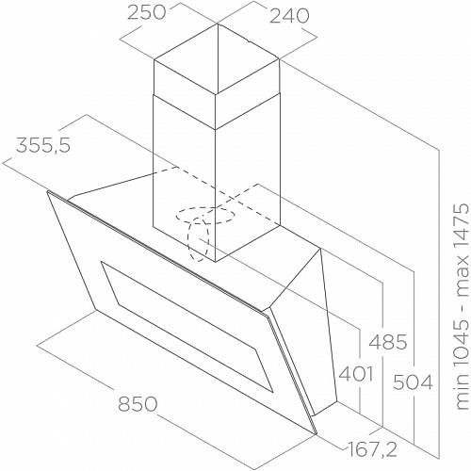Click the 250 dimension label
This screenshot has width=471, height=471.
[x=146, y=13]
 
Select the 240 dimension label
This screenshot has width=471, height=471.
[x=289, y=16]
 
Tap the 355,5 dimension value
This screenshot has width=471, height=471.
[x=43, y=146]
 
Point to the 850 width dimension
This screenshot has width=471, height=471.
[x=138, y=404]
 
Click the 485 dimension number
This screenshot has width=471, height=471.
[x=387, y=342]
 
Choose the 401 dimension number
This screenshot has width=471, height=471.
[x=356, y=374]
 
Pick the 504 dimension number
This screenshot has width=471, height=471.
[x=413, y=382]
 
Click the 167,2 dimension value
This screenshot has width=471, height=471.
[x=372, y=449]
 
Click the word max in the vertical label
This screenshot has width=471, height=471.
[x=463, y=279]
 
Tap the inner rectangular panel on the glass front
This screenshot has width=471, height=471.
[x=187, y=327]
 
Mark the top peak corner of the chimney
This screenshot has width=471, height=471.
[x=217, y=24]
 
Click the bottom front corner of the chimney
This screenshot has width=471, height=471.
[x=216, y=262]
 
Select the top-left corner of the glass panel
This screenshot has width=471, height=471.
[x=47, y=191]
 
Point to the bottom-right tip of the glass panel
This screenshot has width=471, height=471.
[x=317, y=434]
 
